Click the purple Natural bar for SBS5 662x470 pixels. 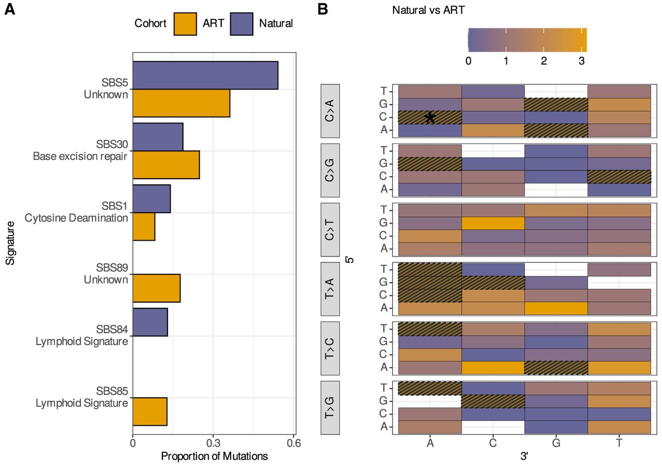[205, 75]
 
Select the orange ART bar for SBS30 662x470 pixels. [166, 165]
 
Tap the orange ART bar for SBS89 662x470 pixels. [156, 288]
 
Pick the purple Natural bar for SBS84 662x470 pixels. [150, 322]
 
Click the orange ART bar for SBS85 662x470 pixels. [150, 412]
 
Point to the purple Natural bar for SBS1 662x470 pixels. [152, 199]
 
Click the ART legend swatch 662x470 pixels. [185, 24]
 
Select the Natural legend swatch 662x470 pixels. [242, 24]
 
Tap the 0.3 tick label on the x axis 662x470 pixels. [214, 443]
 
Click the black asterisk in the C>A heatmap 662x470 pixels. [430, 118]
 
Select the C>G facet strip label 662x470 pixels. [330, 170]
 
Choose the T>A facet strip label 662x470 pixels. [330, 289]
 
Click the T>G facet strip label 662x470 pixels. [330, 408]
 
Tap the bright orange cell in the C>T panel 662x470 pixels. [493, 223]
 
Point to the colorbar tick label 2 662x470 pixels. [544, 61]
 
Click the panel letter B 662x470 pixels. [323, 9]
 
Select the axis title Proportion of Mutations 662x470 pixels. [214, 457]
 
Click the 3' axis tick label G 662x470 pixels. [556, 443]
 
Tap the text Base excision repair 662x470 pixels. [80, 156]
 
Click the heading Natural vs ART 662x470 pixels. [428, 10]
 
